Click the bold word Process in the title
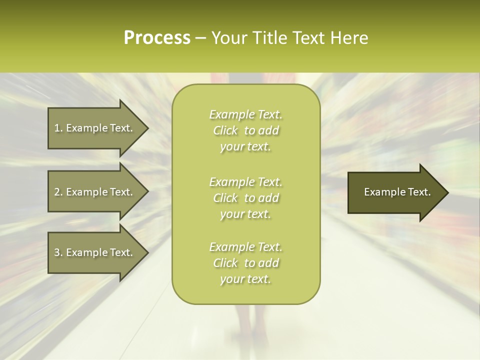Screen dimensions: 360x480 [157, 38]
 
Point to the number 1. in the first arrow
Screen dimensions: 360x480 [58, 128]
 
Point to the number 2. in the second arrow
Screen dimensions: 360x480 [58, 192]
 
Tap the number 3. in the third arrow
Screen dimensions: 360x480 [58, 252]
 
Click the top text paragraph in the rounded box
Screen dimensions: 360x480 [245, 130]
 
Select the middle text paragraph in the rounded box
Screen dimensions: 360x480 [245, 197]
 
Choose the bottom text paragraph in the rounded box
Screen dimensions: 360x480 [245, 263]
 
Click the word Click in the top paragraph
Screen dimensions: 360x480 [225, 130]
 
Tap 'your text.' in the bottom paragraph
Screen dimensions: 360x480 [245, 279]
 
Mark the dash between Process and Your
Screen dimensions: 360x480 [201, 38]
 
